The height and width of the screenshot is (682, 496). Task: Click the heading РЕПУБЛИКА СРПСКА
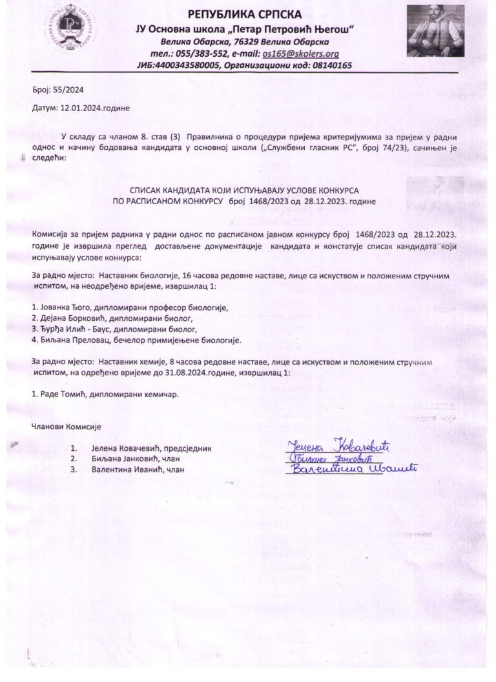pyautogui.click(x=248, y=15)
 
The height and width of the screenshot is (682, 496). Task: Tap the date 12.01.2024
pyautogui.click(x=85, y=109)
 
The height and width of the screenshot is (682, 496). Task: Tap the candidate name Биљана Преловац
pyautogui.click(x=77, y=340)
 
